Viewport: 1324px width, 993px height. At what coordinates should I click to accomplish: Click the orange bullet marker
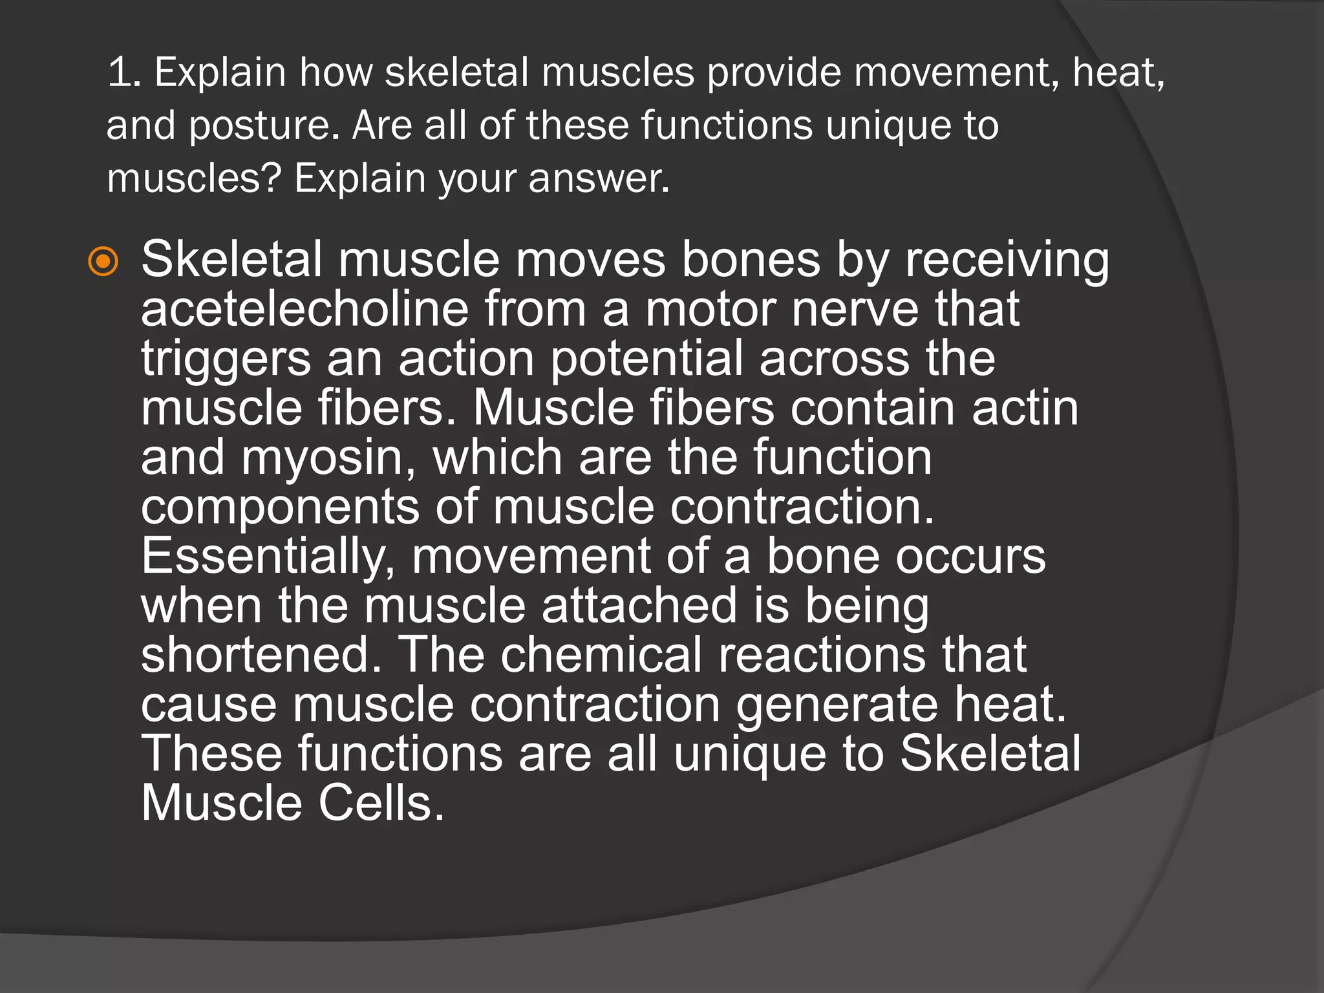pos(103,262)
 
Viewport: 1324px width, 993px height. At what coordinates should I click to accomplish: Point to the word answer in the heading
pos(598,179)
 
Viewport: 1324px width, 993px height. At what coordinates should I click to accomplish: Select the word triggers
pos(226,359)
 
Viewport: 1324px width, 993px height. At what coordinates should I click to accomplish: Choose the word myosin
pos(328,458)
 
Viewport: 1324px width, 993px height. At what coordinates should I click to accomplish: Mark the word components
pos(280,507)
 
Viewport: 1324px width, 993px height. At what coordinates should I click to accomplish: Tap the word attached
pos(639,606)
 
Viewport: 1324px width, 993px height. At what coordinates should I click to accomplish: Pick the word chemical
pos(601,655)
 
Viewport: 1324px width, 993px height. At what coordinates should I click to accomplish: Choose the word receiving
pos(1007,260)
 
